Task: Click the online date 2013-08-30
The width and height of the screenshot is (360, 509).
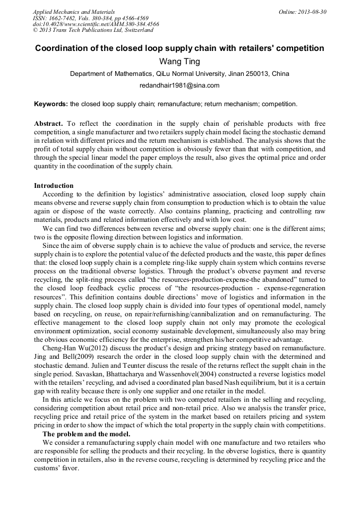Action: tap(311, 12)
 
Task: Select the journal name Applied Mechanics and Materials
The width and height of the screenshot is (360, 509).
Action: tap(73, 12)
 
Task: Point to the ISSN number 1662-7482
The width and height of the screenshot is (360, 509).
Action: tap(68, 18)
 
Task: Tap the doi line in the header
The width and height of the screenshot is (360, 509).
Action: tap(96, 24)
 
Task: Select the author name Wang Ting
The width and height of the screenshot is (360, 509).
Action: tap(179, 62)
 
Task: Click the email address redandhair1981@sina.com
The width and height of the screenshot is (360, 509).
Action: tap(179, 85)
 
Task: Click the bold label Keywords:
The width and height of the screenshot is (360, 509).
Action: tap(51, 103)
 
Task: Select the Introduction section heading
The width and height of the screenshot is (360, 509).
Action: tap(54, 186)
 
